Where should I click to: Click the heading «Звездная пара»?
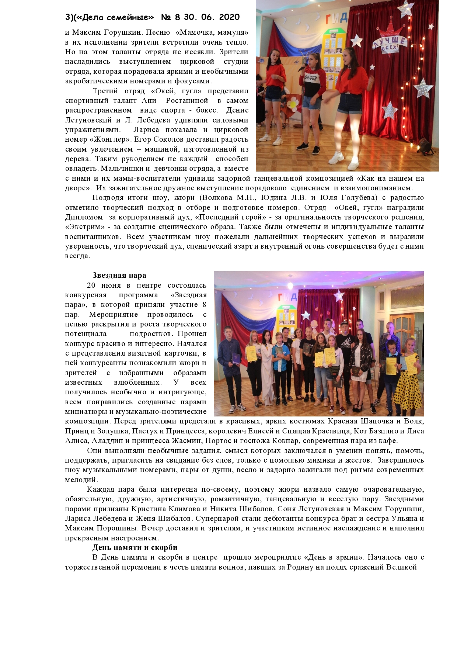pos(119,276)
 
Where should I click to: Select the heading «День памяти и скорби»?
pos(135,547)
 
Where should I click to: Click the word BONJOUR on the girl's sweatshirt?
pos(311,79)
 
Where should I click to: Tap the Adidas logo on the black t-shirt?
pos(345,349)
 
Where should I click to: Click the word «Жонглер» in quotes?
pos(112,139)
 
